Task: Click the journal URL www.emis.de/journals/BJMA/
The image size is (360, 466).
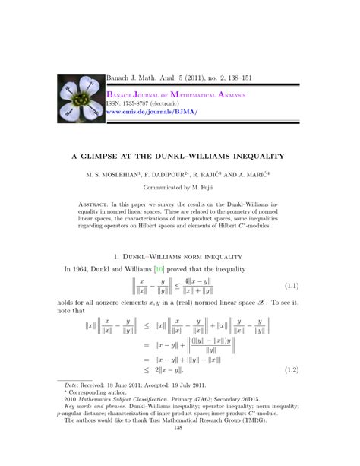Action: coord(153,111)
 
